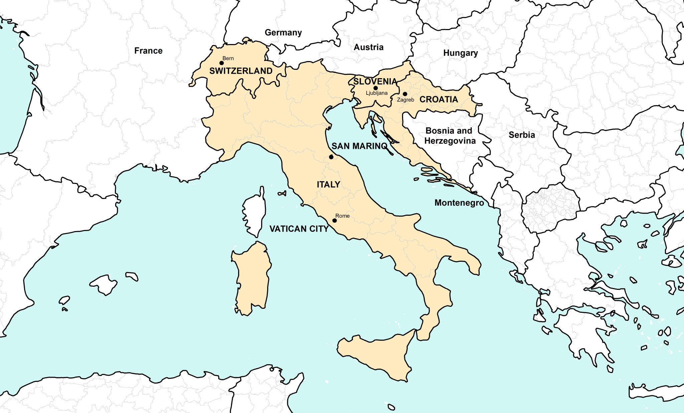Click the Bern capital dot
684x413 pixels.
coord(221,63)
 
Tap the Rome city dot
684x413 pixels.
coord(334,220)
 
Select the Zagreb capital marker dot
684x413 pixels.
coord(405,94)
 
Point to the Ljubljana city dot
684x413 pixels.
coord(375,88)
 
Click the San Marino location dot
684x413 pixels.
coord(331,157)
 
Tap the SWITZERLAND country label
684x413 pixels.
coord(240,71)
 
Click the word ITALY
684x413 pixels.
coord(328,184)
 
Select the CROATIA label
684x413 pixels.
coord(439,99)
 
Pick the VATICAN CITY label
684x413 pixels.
coord(299,229)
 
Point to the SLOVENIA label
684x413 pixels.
coord(375,81)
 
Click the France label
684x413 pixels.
coord(148,51)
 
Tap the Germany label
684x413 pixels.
coord(283,32)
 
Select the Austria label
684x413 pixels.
coord(368,47)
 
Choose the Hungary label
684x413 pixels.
coord(460,53)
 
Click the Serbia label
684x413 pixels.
coord(522,135)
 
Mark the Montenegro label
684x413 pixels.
coord(459,203)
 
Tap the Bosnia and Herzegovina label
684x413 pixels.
coord(450,136)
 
